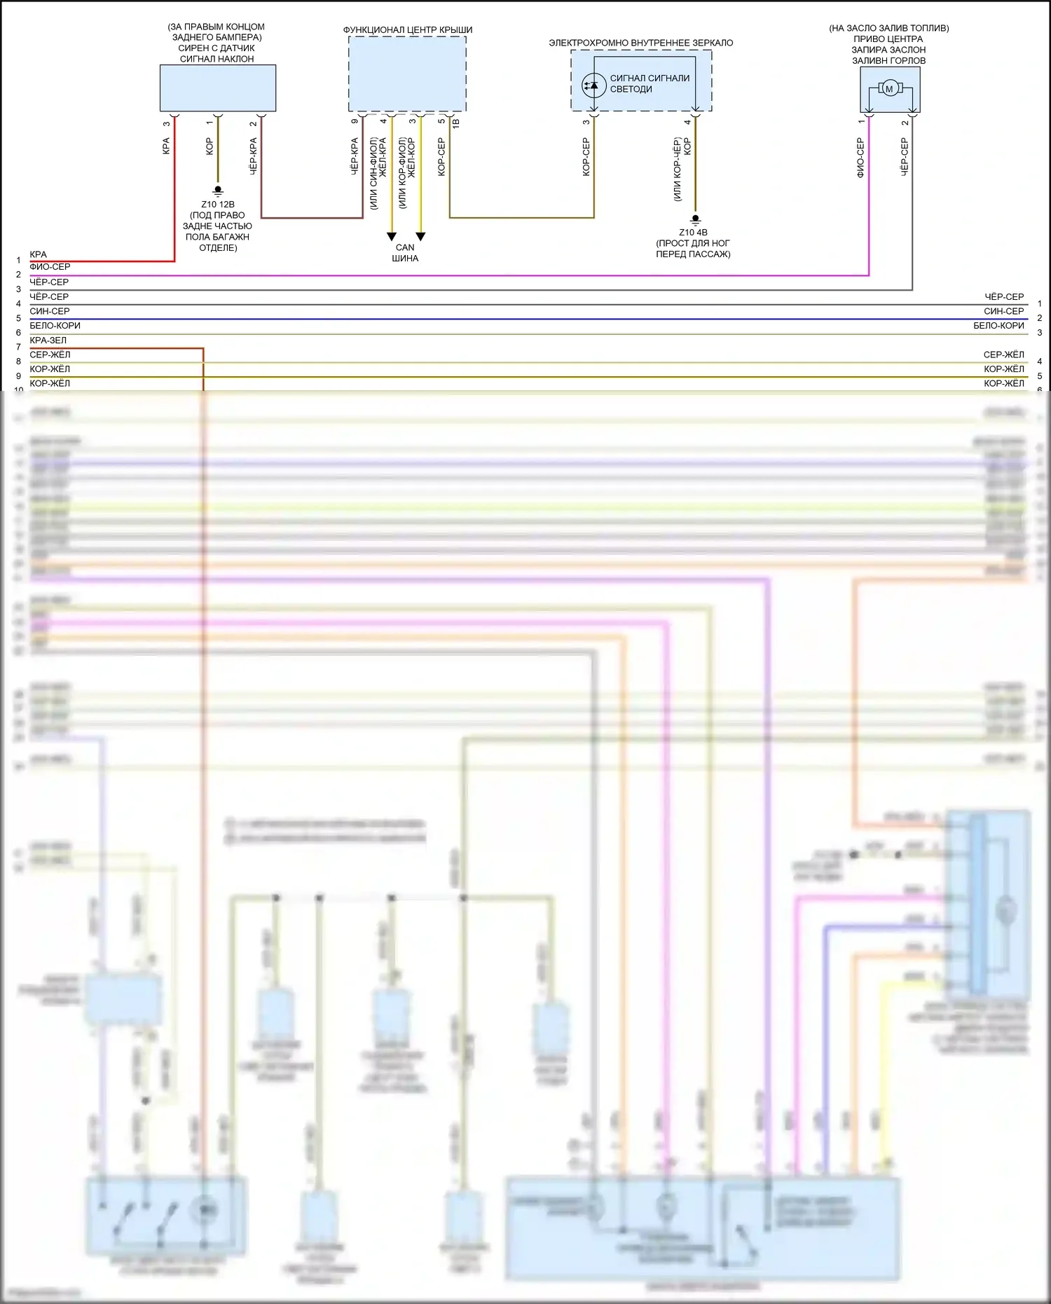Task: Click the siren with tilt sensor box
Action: [x=217, y=88]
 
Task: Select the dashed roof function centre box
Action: [x=407, y=74]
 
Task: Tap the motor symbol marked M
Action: [x=889, y=88]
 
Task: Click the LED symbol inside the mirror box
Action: [x=593, y=85]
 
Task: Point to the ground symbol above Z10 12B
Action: [x=218, y=191]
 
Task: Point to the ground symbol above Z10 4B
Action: [x=695, y=219]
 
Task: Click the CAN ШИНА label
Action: [x=405, y=253]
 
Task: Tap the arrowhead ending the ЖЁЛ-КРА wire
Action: [x=392, y=237]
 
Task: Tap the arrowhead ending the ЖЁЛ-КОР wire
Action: [x=420, y=237]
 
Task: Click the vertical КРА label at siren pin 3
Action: [x=166, y=146]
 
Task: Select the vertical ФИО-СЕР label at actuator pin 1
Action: [x=860, y=157]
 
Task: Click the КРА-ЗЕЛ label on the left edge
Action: [x=48, y=341]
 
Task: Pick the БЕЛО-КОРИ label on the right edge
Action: [x=998, y=326]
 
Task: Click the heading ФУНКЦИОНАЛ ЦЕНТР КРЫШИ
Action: [x=407, y=30]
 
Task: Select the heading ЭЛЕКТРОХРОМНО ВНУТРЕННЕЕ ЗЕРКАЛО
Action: [x=640, y=43]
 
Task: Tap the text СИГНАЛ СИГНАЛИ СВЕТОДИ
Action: [x=650, y=83]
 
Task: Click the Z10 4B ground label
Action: [x=693, y=233]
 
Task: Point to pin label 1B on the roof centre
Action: [x=456, y=123]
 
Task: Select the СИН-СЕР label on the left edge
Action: [x=50, y=311]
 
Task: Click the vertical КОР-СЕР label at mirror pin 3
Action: [x=586, y=156]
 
